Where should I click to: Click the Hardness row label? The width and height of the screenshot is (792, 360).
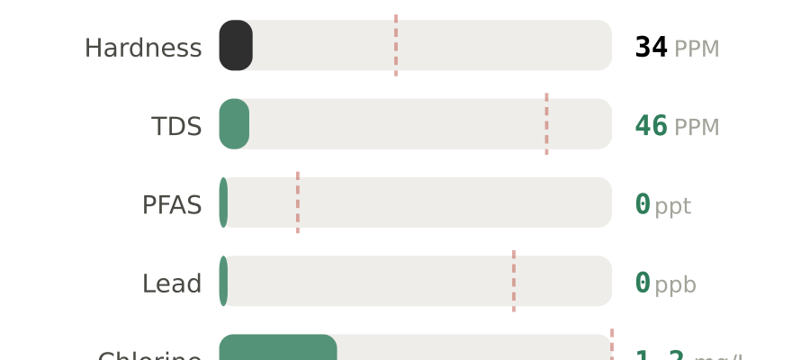pyautogui.click(x=143, y=48)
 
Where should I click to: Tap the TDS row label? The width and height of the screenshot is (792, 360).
pyautogui.click(x=176, y=126)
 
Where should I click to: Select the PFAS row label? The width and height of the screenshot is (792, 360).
pyautogui.click(x=172, y=205)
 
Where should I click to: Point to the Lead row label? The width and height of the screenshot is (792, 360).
pyautogui.click(x=172, y=283)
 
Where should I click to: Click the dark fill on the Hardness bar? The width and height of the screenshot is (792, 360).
pyautogui.click(x=236, y=45)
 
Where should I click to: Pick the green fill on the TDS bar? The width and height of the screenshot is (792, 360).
pyautogui.click(x=234, y=124)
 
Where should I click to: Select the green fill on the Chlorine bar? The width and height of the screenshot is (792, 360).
pyautogui.click(x=277, y=349)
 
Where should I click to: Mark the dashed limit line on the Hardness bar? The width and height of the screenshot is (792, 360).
pyautogui.click(x=396, y=45)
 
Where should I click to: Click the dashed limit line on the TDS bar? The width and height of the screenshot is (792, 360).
pyautogui.click(x=546, y=124)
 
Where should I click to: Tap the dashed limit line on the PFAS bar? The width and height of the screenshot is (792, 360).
pyautogui.click(x=298, y=202)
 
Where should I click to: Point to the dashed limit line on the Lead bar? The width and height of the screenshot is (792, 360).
pyautogui.click(x=514, y=281)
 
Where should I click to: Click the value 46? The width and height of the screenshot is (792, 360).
pyautogui.click(x=652, y=126)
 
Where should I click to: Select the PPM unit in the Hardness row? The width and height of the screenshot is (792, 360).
pyautogui.click(x=697, y=49)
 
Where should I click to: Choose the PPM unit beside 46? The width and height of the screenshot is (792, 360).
pyautogui.click(x=697, y=127)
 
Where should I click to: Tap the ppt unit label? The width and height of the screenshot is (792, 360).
pyautogui.click(x=673, y=206)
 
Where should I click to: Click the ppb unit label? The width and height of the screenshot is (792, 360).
pyautogui.click(x=675, y=284)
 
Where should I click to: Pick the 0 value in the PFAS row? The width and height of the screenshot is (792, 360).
pyautogui.click(x=643, y=204)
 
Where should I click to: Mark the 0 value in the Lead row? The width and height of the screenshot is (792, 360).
pyautogui.click(x=643, y=283)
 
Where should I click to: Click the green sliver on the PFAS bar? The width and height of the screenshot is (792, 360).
pyautogui.click(x=223, y=202)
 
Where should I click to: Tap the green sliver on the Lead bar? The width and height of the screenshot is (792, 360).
pyautogui.click(x=223, y=281)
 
